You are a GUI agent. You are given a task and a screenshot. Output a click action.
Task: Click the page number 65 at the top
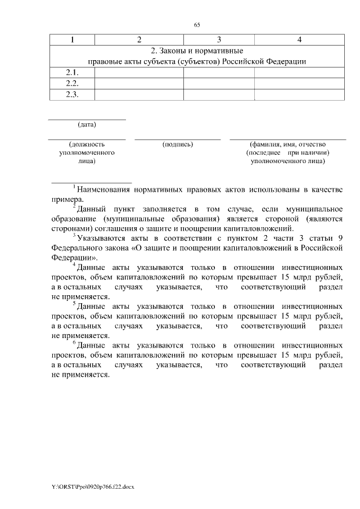(197, 25)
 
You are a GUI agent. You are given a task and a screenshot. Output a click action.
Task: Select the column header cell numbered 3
(219, 39)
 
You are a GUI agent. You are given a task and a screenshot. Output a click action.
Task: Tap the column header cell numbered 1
(72, 39)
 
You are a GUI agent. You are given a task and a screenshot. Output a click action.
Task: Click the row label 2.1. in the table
(72, 73)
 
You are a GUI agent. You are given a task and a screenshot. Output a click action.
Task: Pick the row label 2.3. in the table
(72, 94)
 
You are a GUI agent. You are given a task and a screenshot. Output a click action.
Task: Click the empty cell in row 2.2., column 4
(300, 83)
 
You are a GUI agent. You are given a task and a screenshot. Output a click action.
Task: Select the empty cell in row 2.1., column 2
(139, 73)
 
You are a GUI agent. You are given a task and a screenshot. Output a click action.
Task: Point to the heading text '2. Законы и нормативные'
(197, 51)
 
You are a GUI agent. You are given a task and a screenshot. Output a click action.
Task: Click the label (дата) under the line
(87, 124)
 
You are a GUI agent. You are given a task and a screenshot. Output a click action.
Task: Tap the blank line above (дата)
(87, 119)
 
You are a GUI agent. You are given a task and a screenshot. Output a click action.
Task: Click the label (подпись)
(178, 145)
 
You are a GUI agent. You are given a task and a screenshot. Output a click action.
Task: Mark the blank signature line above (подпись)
(178, 139)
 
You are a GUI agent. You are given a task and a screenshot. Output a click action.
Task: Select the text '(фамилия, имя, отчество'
(287, 145)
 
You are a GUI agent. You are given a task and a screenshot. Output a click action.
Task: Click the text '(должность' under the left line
(87, 145)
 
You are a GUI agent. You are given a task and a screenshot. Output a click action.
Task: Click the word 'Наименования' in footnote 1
(103, 190)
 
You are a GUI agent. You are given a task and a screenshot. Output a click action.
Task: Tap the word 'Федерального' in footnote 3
(75, 248)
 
